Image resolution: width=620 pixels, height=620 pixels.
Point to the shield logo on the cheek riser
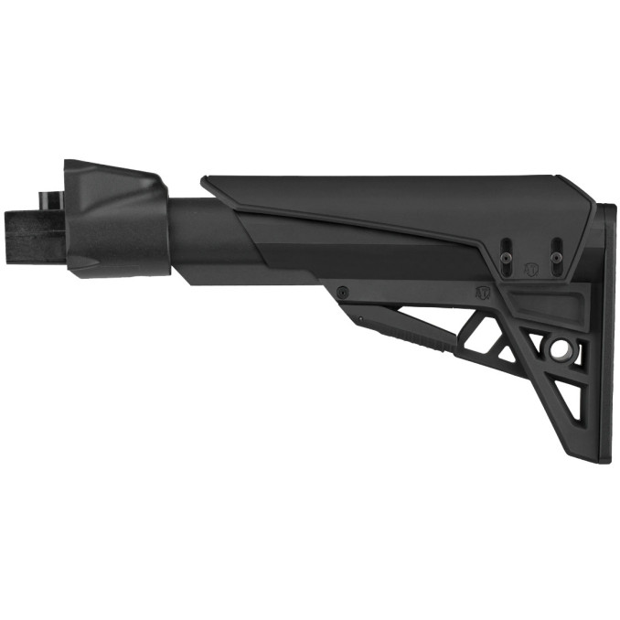click(x=531, y=269)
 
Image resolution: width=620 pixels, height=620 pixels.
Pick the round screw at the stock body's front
click(x=342, y=293)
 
